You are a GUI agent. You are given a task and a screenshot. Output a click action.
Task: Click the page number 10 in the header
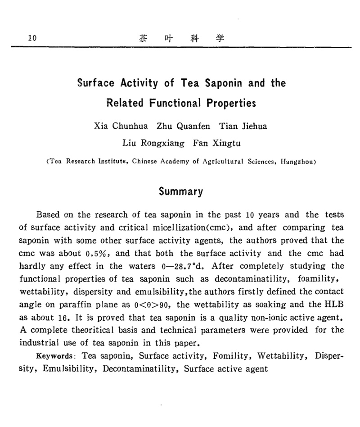32,38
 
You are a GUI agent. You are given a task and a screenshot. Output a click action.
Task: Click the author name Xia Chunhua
121,126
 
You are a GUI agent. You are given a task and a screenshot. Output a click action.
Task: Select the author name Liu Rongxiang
153,144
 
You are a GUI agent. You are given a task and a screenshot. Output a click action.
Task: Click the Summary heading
181,191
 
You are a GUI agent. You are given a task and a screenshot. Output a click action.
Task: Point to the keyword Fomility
229,356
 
